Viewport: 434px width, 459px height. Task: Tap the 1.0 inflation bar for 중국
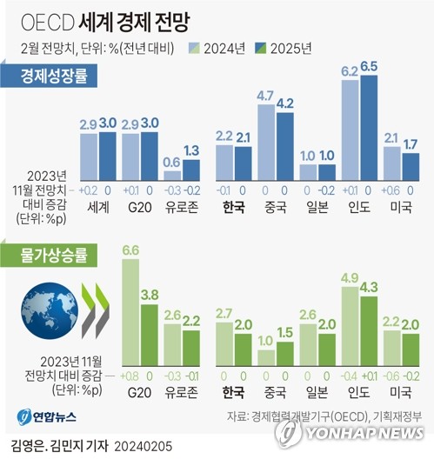(267, 356)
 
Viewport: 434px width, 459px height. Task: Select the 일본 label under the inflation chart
(316, 389)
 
